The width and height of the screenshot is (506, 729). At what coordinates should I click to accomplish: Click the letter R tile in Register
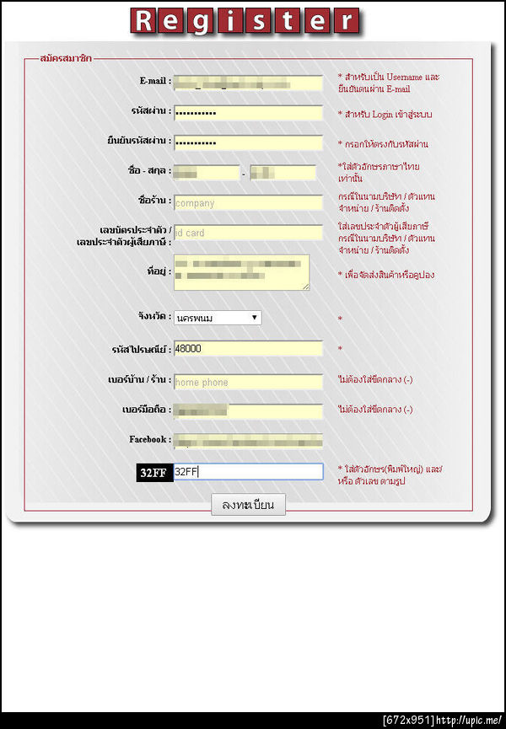click(x=143, y=21)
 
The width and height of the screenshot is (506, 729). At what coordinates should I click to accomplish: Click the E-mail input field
click(x=248, y=83)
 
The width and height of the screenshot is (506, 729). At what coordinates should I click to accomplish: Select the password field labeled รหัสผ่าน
click(x=248, y=113)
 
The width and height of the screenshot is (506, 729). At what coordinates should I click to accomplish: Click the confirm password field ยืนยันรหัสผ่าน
click(x=248, y=142)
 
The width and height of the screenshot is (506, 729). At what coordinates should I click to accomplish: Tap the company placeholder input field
click(x=248, y=203)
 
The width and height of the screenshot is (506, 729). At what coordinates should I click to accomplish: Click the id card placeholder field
click(x=248, y=233)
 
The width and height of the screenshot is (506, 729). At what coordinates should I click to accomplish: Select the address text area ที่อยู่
click(x=241, y=272)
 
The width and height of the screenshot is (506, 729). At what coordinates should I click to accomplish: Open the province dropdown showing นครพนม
click(x=217, y=318)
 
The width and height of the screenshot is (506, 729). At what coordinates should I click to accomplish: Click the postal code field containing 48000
click(x=248, y=349)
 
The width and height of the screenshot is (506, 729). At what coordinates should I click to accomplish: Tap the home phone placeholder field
click(x=248, y=382)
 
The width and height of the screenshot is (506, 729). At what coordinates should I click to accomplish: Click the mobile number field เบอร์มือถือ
click(x=248, y=411)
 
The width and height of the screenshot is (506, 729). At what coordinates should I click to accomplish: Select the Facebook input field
click(x=248, y=441)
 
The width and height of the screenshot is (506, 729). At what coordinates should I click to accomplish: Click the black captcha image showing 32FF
click(x=153, y=473)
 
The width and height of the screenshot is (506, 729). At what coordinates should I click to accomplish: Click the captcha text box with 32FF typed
click(x=248, y=472)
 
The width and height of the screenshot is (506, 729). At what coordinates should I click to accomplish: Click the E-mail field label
click(x=155, y=82)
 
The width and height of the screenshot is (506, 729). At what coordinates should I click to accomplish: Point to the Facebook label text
click(x=149, y=439)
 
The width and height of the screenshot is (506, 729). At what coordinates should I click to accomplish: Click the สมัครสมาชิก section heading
click(x=66, y=58)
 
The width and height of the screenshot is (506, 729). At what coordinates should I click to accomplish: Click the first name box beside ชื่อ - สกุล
click(x=207, y=173)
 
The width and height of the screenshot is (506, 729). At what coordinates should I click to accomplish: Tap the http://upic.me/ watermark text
click(x=471, y=721)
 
